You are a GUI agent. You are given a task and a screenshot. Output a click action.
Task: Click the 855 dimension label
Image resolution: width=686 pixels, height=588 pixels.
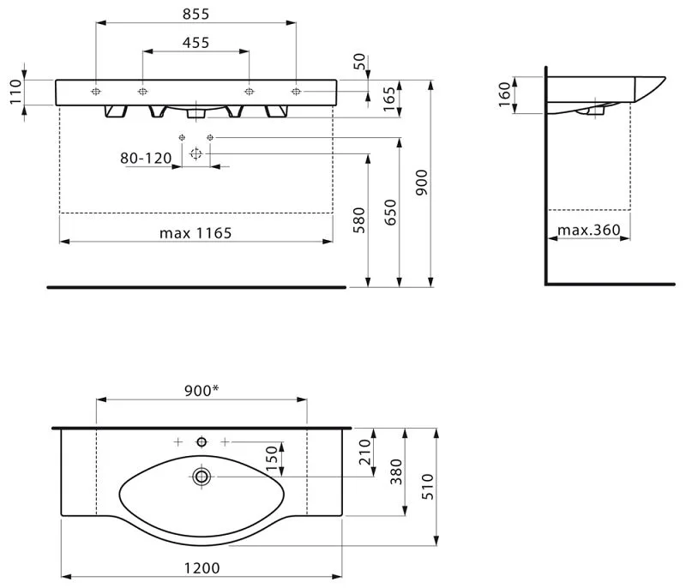point(196,14)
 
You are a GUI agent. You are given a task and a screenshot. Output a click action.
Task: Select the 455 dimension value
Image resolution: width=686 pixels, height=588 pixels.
point(196,43)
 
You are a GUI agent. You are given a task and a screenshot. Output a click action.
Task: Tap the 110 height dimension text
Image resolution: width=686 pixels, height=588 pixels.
point(15,92)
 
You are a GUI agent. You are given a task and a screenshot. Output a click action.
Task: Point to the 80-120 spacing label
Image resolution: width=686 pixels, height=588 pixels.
point(146,158)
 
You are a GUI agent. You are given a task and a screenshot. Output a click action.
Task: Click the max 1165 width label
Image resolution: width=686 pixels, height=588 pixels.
point(196,233)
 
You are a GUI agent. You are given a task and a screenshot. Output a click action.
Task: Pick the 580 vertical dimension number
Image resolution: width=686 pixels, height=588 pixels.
point(358,220)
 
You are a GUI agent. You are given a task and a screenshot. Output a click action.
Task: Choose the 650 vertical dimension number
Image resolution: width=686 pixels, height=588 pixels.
point(390,213)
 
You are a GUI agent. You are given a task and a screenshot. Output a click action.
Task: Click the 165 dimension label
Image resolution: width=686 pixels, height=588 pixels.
point(389,99)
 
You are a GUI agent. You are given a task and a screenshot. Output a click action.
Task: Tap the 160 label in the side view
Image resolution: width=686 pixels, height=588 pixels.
point(504,94)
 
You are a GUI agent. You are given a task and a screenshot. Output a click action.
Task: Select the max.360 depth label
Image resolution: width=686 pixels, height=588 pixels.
point(589,230)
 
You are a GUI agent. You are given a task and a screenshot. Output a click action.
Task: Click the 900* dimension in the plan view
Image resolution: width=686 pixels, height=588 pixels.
point(202,390)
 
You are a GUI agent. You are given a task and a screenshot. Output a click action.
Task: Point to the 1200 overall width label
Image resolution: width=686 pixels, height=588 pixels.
point(202,568)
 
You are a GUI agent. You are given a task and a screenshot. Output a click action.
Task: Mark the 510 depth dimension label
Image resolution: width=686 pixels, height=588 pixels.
point(428,487)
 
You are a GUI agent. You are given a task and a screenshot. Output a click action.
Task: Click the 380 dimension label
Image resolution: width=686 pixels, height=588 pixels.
point(396,471)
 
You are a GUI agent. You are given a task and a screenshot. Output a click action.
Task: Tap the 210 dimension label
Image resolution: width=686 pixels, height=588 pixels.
point(364,452)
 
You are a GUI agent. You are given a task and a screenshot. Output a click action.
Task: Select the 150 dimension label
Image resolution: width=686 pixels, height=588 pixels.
point(272,459)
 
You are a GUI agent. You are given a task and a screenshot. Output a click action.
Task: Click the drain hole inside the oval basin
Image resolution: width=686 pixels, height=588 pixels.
point(202,476)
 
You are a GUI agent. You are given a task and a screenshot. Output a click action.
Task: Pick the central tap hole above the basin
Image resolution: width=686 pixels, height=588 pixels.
point(202,442)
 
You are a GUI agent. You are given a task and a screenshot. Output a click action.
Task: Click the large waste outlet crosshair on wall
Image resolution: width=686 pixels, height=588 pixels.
point(196,154)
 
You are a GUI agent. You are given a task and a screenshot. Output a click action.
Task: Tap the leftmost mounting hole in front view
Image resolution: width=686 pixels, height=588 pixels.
point(96,92)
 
